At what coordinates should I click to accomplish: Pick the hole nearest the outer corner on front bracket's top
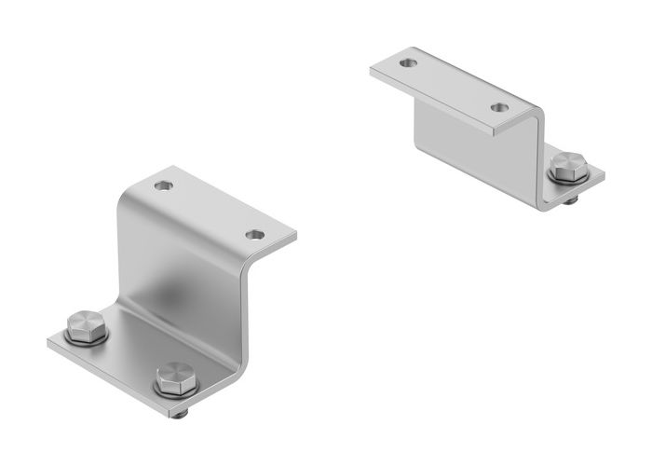pyautogui.click(x=255, y=234)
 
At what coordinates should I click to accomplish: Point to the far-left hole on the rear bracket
pyautogui.click(x=407, y=64)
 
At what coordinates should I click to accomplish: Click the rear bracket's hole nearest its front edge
pyautogui.click(x=500, y=108)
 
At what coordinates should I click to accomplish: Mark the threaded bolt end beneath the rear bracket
pyautogui.click(x=570, y=199)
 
